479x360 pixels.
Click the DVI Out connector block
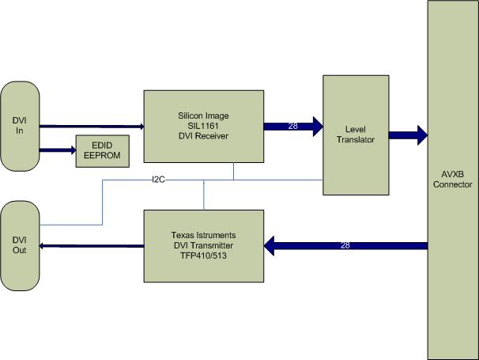click(20, 246)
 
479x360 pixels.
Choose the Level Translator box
click(354, 135)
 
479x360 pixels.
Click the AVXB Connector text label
click(453, 180)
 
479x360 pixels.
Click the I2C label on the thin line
click(158, 180)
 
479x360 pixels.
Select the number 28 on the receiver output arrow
click(292, 126)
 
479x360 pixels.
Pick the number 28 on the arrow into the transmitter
click(344, 247)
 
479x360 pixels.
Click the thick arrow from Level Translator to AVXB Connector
click(407, 135)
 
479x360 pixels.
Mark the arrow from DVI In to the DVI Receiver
click(91, 125)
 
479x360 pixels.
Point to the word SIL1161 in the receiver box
click(203, 125)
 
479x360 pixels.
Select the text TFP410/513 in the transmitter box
click(203, 256)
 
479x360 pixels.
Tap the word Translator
click(354, 140)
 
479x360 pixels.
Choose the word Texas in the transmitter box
click(183, 235)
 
